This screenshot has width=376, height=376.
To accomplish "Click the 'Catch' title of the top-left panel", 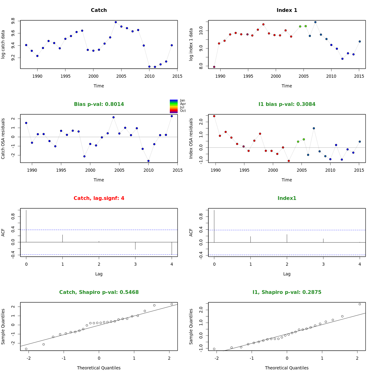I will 99,10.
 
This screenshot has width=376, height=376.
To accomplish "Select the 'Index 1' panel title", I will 287,10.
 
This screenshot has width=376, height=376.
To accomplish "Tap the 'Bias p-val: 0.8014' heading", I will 99,104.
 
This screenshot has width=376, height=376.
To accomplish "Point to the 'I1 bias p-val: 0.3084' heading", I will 287,104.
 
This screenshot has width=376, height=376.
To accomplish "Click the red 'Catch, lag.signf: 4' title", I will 99,198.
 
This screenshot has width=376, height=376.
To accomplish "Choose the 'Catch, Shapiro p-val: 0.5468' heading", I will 99,292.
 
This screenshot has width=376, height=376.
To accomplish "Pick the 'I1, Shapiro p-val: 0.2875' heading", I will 287,292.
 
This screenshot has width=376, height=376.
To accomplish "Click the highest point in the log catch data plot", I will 116,22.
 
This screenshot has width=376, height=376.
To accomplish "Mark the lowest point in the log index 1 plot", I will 214,67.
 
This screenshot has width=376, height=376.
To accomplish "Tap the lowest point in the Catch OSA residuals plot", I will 148,161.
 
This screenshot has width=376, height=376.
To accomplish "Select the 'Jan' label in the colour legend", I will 182,101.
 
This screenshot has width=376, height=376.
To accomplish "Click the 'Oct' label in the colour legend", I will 183,111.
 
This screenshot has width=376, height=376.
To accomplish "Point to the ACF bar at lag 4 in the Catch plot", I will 172,248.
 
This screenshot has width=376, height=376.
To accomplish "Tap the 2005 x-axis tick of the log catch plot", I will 121,76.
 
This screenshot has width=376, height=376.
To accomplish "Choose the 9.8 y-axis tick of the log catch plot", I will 13,21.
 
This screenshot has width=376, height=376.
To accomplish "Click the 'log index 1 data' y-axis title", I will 191,44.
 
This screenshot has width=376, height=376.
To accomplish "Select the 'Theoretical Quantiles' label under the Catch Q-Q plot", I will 99,368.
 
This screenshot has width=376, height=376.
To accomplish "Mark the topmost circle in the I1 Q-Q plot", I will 360,304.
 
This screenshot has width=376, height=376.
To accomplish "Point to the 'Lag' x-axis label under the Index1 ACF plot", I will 287,274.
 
